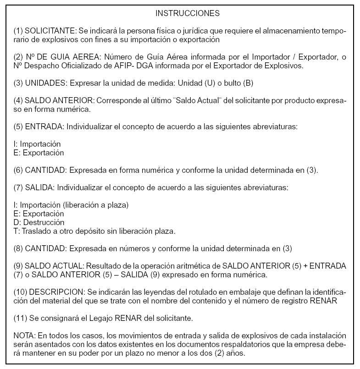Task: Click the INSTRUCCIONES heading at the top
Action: click(x=187, y=13)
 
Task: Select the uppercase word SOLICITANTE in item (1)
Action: click(x=50, y=31)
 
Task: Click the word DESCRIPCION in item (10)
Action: click(x=57, y=292)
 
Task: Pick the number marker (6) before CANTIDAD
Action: click(x=18, y=170)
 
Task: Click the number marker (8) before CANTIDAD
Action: click(x=18, y=248)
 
